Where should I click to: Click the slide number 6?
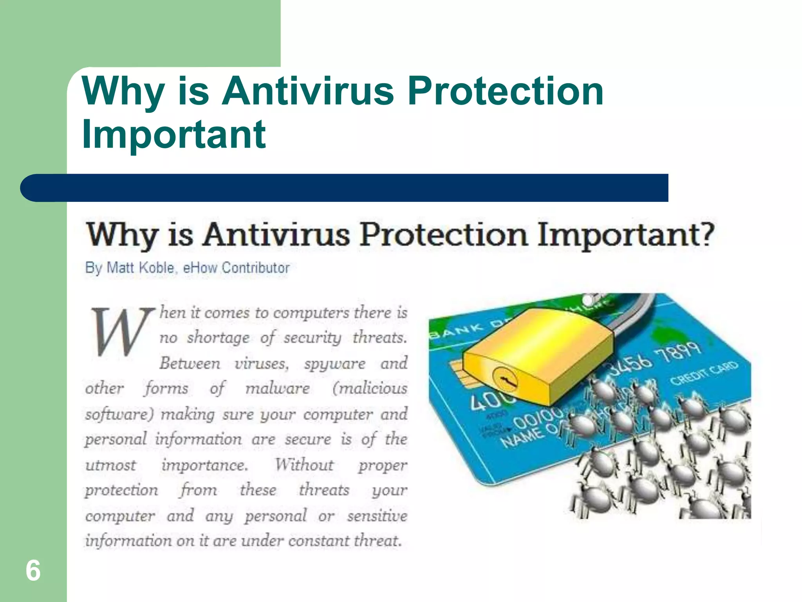(33, 571)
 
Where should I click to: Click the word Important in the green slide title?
(174, 134)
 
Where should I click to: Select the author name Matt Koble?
(140, 268)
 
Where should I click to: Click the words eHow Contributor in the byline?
(236, 268)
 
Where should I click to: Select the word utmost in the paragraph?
(111, 465)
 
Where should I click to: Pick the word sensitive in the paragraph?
(377, 516)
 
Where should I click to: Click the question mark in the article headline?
(706, 234)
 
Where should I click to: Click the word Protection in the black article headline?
(444, 234)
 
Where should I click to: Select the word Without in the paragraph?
(304, 465)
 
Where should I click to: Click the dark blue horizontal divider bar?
(344, 188)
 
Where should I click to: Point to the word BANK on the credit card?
(457, 331)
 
